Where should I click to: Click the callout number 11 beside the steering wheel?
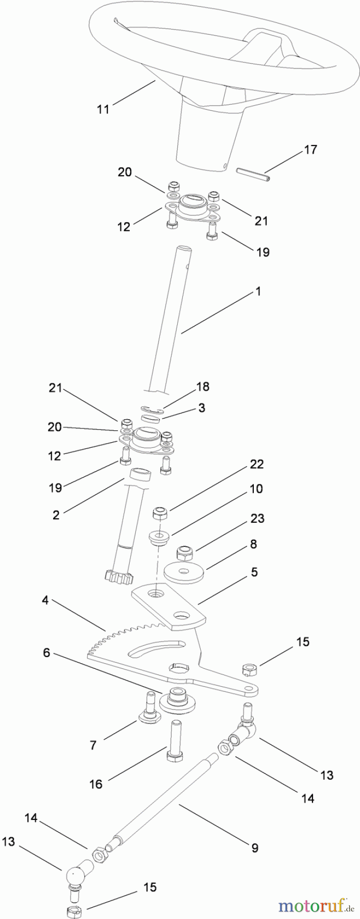(x=103, y=109)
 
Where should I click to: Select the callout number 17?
(x=310, y=150)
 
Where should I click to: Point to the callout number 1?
(x=258, y=291)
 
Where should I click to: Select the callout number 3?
(x=202, y=408)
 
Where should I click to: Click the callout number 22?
(x=256, y=464)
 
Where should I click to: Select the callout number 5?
(x=254, y=572)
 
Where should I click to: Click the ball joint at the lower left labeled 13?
(x=74, y=877)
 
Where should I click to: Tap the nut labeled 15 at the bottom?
(x=75, y=907)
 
